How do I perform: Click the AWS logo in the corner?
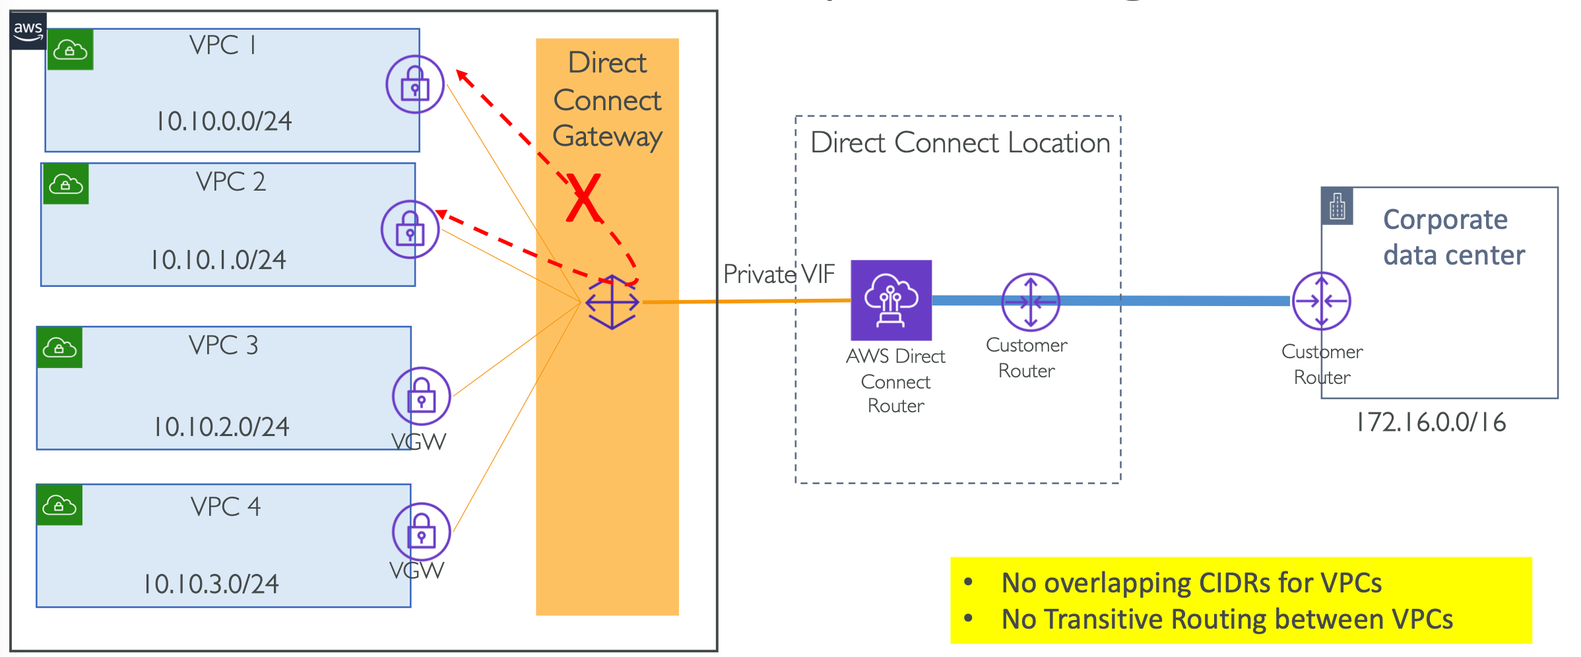[x=28, y=30]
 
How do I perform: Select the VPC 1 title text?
[x=222, y=46]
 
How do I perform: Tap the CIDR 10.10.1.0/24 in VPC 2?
[x=218, y=260]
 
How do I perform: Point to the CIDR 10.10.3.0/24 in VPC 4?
[x=211, y=584]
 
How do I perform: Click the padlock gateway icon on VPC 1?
[x=415, y=84]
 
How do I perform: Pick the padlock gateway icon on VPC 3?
[x=421, y=396]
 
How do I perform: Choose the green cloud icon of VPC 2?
[x=66, y=184]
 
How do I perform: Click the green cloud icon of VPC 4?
[x=59, y=505]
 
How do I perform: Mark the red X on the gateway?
[x=584, y=198]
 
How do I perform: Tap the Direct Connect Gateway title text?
[x=607, y=100]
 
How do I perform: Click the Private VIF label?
[x=779, y=274]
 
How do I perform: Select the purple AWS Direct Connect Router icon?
[x=891, y=300]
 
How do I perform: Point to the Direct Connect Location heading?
[x=960, y=143]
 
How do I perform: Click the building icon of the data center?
[x=1338, y=206]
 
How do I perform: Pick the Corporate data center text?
[x=1454, y=237]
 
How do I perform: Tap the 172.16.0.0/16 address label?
[x=1431, y=423]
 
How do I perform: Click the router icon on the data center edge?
[x=1321, y=301]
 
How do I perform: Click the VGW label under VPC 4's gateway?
[x=416, y=571]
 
